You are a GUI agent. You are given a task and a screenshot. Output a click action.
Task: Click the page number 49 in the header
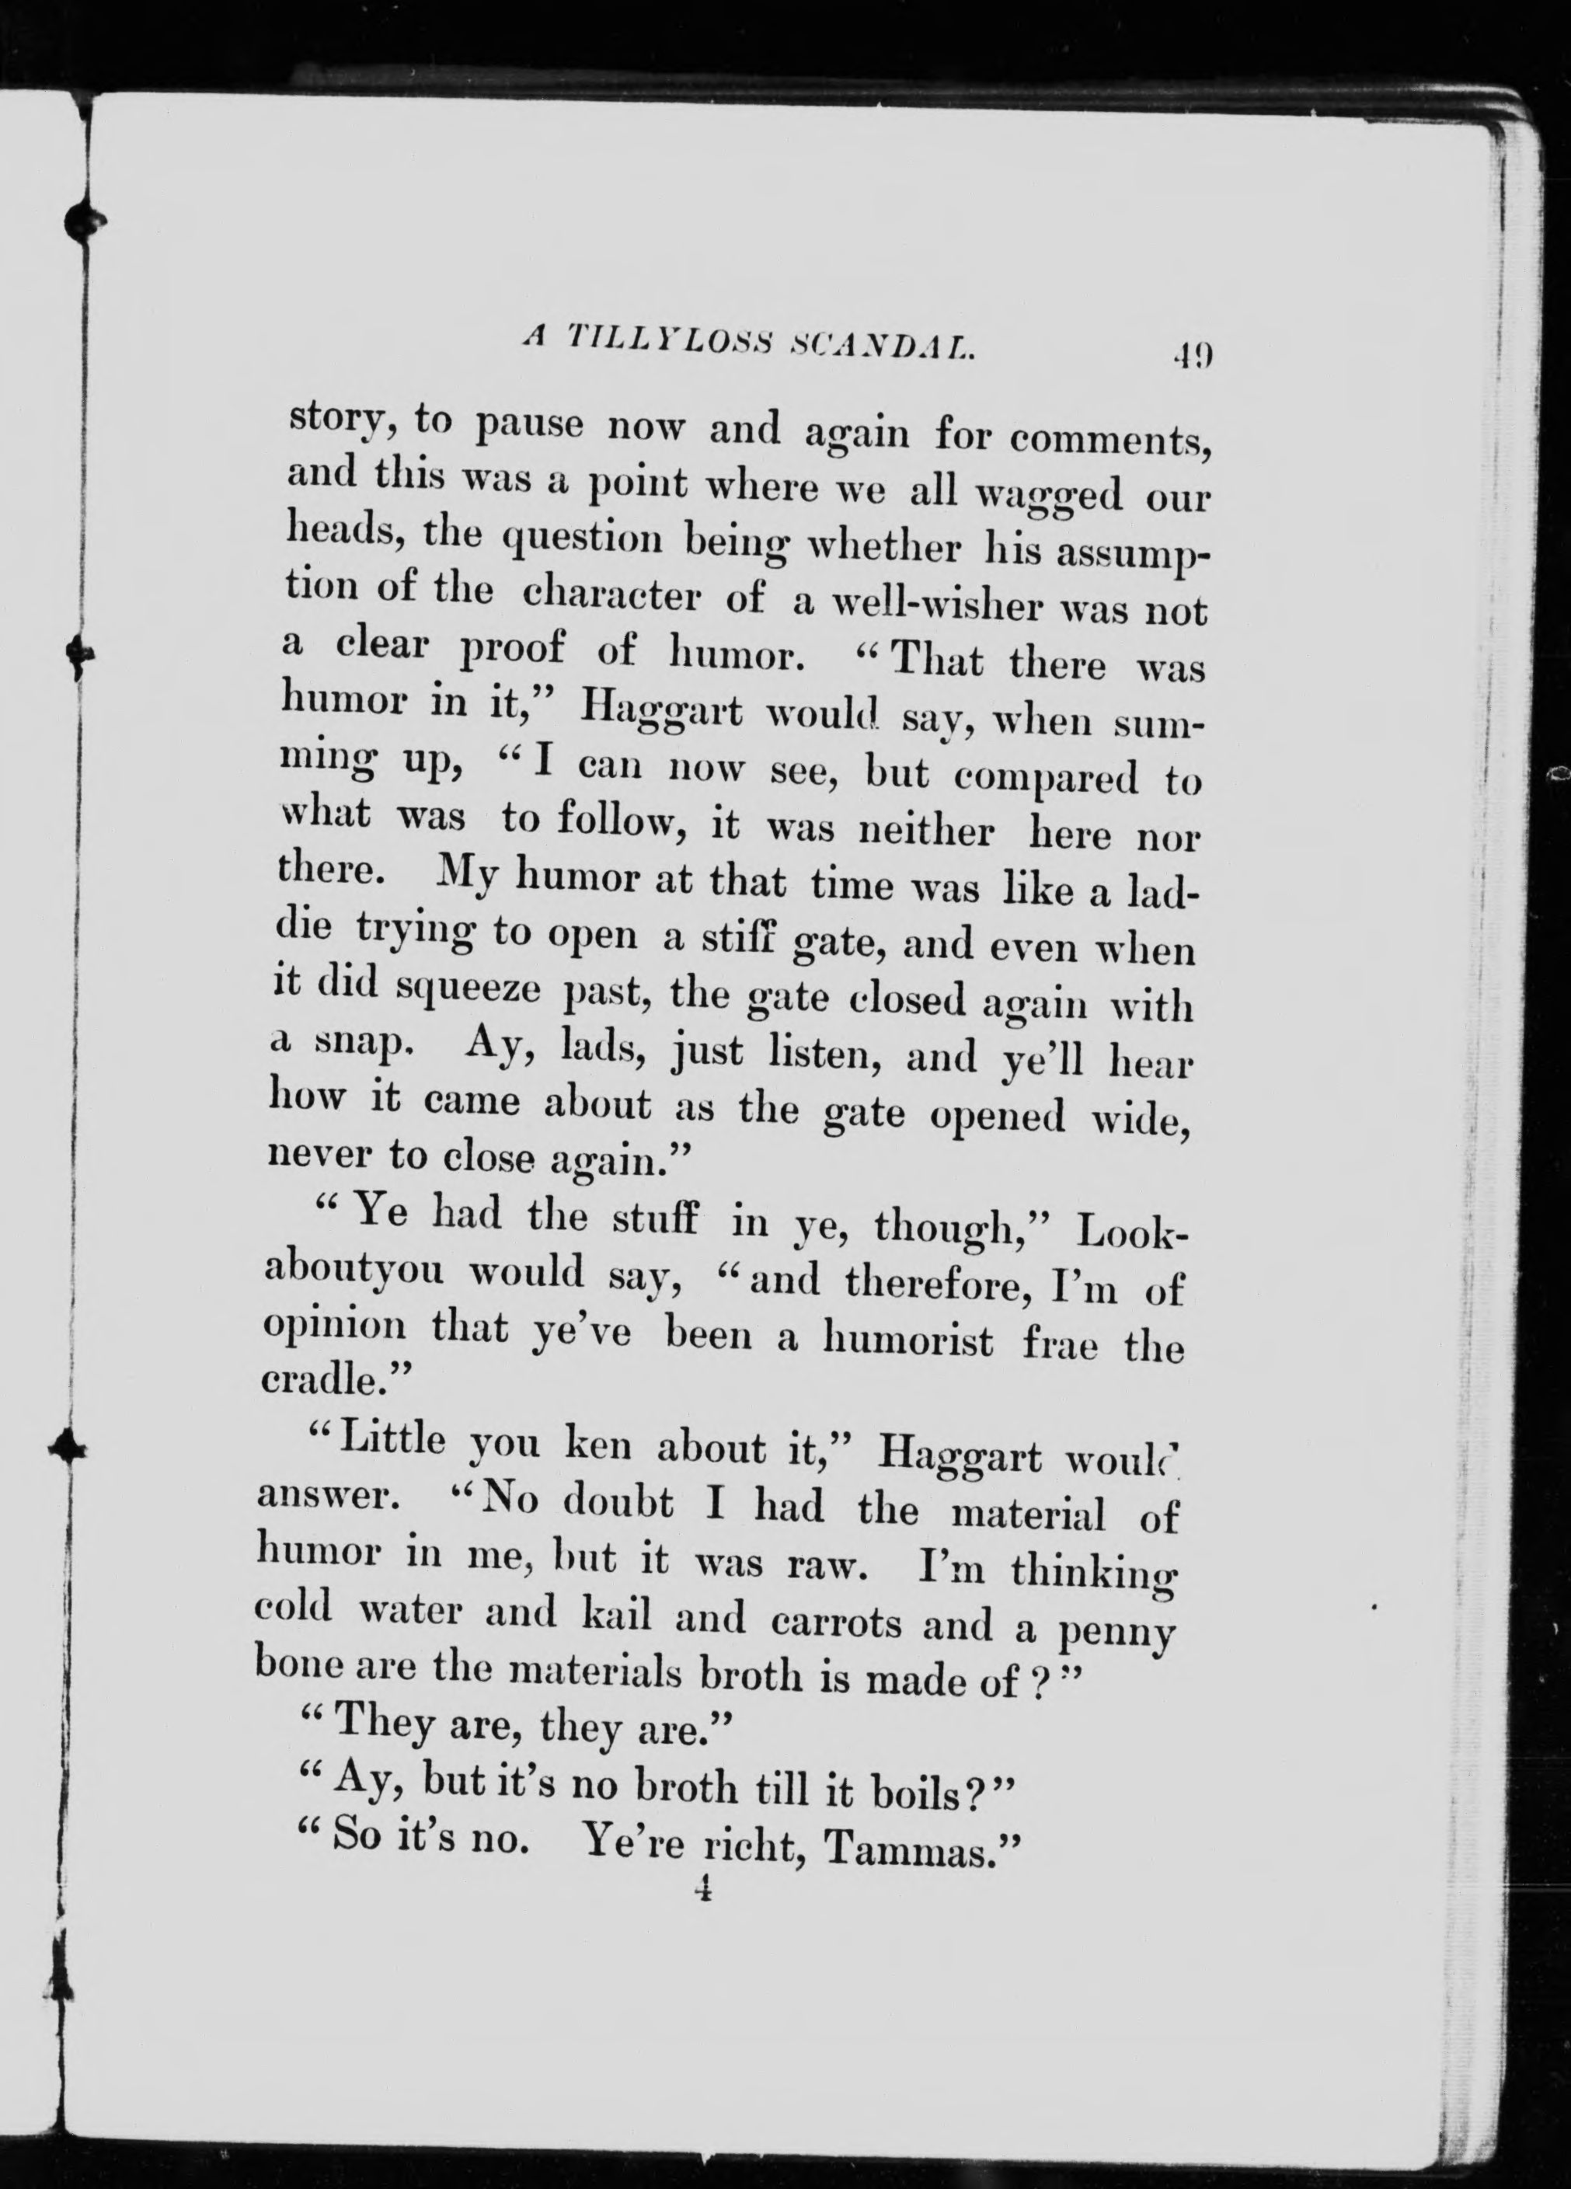click(x=1193, y=354)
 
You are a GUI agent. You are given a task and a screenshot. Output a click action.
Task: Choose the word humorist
click(x=911, y=1340)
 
